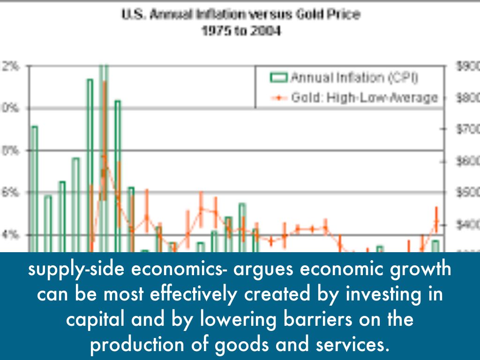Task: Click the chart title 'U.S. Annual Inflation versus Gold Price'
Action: point(241,15)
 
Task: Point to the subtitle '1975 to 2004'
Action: point(241,32)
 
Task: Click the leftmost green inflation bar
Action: point(34,187)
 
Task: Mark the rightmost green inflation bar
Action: point(435,246)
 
